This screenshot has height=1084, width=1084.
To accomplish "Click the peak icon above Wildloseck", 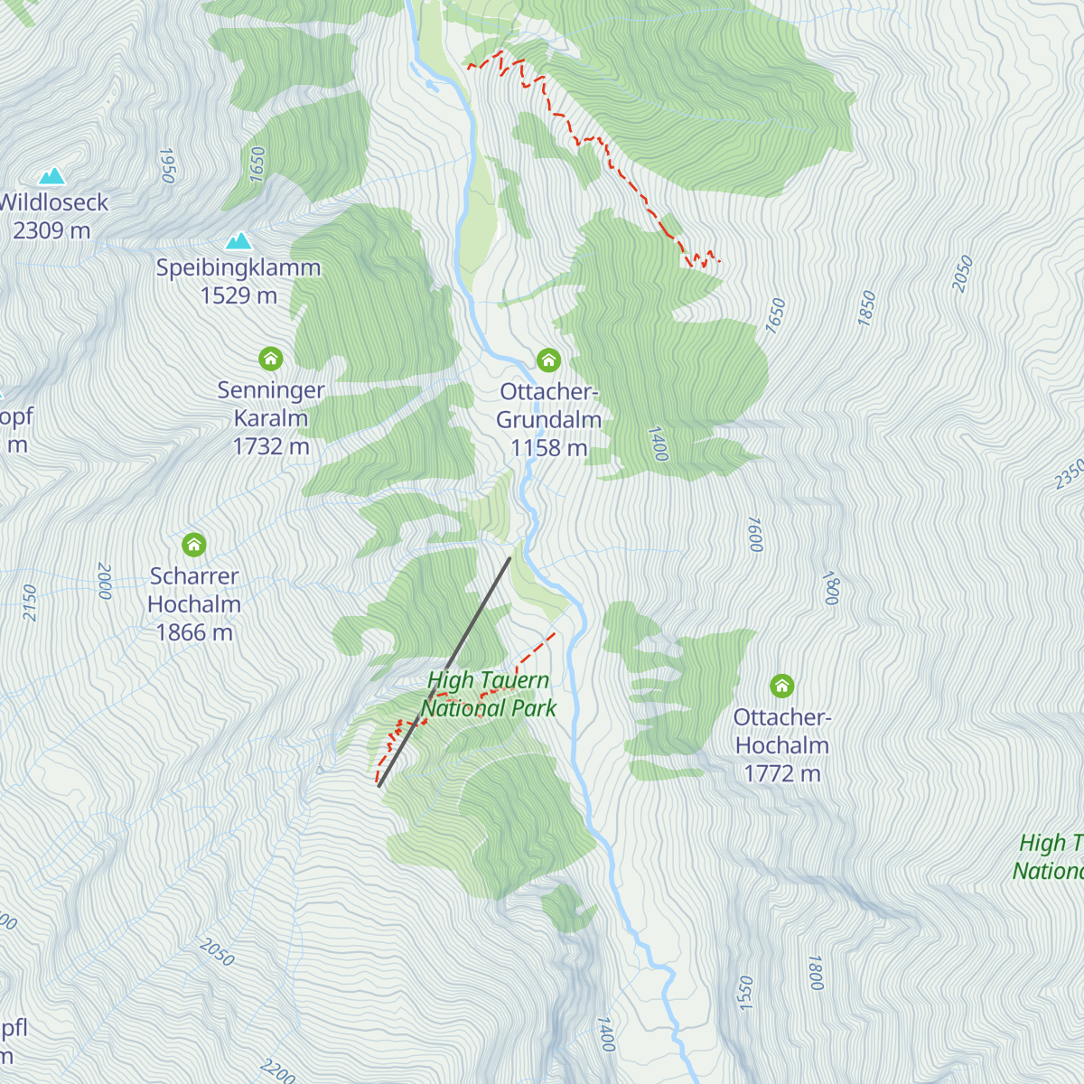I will [x=51, y=175].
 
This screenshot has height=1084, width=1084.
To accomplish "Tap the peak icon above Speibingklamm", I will [x=238, y=240].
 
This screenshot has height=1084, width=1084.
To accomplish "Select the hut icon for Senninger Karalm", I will [x=271, y=359].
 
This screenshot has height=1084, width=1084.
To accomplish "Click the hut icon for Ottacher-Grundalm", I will [x=548, y=360].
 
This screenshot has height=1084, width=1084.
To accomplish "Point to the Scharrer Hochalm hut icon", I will [x=194, y=545].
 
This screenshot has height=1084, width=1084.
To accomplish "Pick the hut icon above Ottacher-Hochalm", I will [x=782, y=686].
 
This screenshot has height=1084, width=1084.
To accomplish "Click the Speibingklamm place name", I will [x=238, y=268].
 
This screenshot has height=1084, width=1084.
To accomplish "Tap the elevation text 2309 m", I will [x=51, y=231].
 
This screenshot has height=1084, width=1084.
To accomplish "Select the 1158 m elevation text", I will [x=548, y=448].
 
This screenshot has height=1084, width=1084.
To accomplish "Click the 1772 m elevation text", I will [x=782, y=774].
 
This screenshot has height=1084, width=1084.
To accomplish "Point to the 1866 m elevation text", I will [x=194, y=633].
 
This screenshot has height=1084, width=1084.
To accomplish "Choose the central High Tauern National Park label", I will [x=489, y=695].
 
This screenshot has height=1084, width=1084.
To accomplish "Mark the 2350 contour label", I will [x=1069, y=475].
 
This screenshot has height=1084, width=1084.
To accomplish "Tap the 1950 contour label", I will [x=167, y=165].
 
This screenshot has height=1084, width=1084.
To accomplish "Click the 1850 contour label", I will [x=867, y=308].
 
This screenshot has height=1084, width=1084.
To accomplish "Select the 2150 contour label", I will [x=29, y=603].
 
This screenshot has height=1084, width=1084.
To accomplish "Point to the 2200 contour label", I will [x=277, y=1071].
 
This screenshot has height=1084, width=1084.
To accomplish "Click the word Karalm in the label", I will [x=271, y=419].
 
